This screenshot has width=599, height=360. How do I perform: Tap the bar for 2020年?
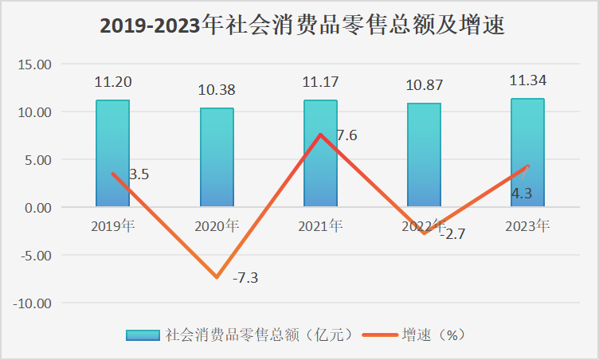[217, 158]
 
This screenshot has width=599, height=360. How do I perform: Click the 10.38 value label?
[217, 90]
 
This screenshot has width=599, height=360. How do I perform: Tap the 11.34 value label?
[527, 80]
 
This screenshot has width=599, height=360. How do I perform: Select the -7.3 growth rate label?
[245, 278]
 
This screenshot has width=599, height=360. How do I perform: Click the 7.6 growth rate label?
[346, 135]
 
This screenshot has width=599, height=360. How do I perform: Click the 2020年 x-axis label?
[217, 226]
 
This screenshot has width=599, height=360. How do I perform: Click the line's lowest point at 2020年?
[217, 277]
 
